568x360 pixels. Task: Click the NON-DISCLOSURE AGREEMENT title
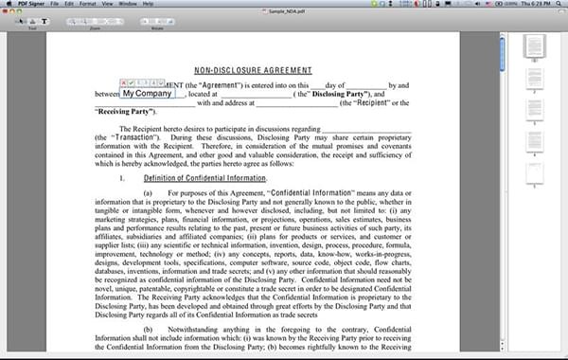coord(252,70)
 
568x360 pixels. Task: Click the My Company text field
coord(148,94)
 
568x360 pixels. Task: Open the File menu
coord(55,4)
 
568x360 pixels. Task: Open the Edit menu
coord(70,4)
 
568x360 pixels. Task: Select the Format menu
coord(88,4)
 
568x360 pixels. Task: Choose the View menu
coord(109,4)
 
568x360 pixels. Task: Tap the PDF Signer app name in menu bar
coord(29,4)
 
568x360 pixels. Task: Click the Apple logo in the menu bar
coord(7,4)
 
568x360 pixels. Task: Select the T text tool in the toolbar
coord(44,21)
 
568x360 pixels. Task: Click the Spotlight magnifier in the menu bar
coord(559,4)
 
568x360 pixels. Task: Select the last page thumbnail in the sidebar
coord(534,171)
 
